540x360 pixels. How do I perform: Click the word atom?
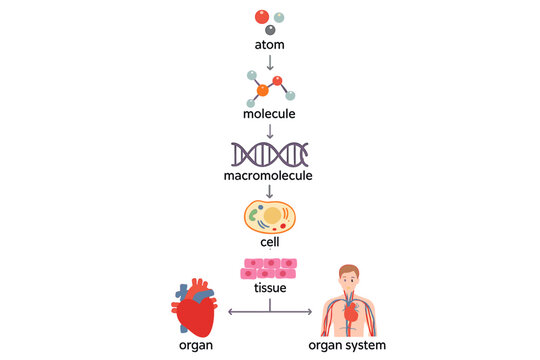pos(269,46)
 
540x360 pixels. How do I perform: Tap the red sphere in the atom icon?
pos(262,16)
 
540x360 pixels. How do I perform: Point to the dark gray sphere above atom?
pos(270,31)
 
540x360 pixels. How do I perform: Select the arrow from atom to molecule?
pos(270,63)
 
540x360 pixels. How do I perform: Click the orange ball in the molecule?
pos(262,90)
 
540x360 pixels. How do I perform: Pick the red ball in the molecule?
pos(279,79)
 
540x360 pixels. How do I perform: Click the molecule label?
pos(270,115)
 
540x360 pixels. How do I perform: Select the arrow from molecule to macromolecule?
pos(270,131)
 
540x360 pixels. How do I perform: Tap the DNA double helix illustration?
pos(270,154)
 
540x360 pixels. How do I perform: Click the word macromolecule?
pos(270,176)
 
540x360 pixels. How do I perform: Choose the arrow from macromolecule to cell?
pos(270,191)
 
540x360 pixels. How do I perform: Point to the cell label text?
pos(270,241)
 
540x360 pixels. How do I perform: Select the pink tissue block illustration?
pos(270,268)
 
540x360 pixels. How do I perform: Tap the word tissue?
pos(270,289)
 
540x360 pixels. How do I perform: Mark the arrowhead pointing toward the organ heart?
pos(232,313)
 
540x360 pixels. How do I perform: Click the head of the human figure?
pos(348,274)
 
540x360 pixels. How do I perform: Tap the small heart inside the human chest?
pos(352,312)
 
